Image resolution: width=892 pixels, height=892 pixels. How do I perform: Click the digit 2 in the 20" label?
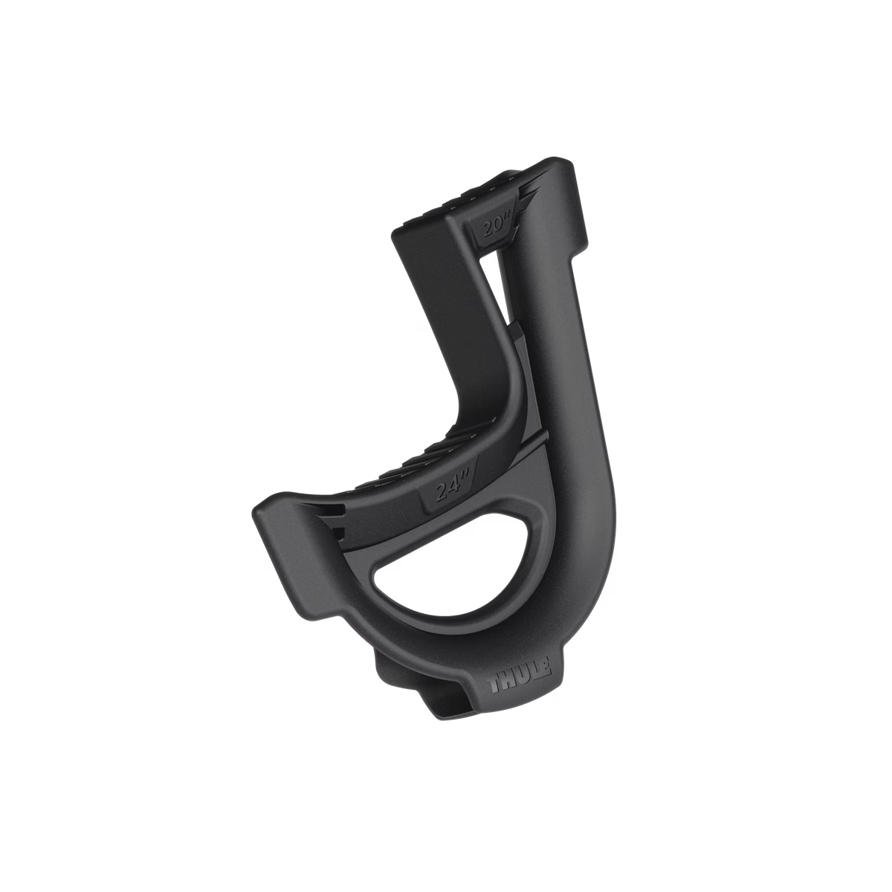pyautogui.click(x=487, y=230)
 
